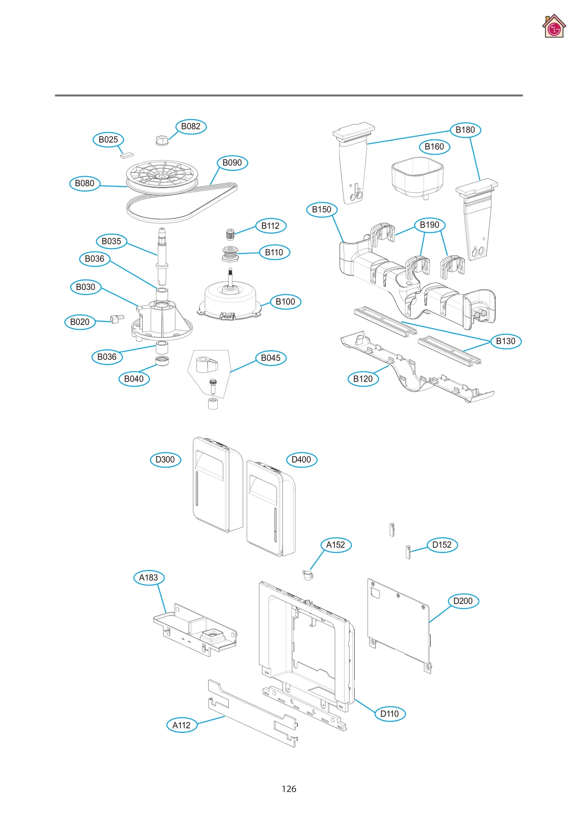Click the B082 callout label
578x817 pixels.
pyautogui.click(x=191, y=126)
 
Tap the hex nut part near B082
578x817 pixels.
pyautogui.click(x=162, y=140)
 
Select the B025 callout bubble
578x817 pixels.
pyautogui.click(x=108, y=139)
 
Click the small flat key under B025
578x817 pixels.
pyautogui.click(x=126, y=155)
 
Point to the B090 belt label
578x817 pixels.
pyautogui.click(x=232, y=163)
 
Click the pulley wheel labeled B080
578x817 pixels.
pyautogui.click(x=162, y=176)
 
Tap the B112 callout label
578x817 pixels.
pyautogui.click(x=270, y=226)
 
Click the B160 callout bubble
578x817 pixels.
pyautogui.click(x=434, y=147)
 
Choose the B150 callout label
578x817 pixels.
pyautogui.click(x=321, y=209)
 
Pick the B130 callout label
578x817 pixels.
pyautogui.click(x=505, y=341)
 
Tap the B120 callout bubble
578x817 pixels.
pyautogui.click(x=363, y=379)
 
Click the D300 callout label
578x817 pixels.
pyautogui.click(x=165, y=460)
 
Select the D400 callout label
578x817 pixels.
pyautogui.click(x=301, y=460)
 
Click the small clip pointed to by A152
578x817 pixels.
pyautogui.click(x=307, y=574)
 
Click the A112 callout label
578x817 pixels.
pyautogui.click(x=181, y=725)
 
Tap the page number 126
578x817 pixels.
pyautogui.click(x=289, y=789)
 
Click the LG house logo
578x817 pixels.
pyautogui.click(x=553, y=26)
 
